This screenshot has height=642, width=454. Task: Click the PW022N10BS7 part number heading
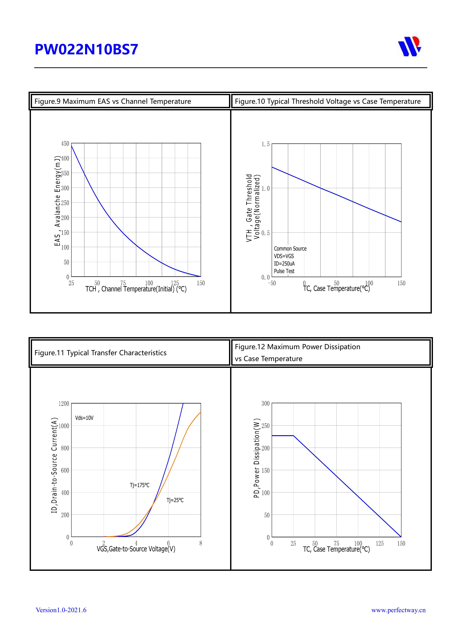[86, 49]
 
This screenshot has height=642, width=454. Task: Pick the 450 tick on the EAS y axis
[65, 144]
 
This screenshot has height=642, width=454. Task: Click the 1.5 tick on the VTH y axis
[265, 144]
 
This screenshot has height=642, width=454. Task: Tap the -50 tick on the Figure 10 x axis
[272, 283]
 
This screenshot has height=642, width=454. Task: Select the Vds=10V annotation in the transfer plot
[84, 418]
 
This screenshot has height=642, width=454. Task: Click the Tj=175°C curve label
[139, 485]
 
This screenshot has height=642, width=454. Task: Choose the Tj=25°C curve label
[175, 500]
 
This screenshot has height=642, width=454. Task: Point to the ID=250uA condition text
[284, 264]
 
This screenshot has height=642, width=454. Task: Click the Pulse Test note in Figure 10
[284, 271]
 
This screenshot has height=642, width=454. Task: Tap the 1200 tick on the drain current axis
[64, 404]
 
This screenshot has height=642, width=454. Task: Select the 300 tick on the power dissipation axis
[265, 404]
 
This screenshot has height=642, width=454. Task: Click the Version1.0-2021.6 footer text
[61, 610]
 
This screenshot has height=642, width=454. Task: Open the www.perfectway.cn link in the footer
[398, 610]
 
